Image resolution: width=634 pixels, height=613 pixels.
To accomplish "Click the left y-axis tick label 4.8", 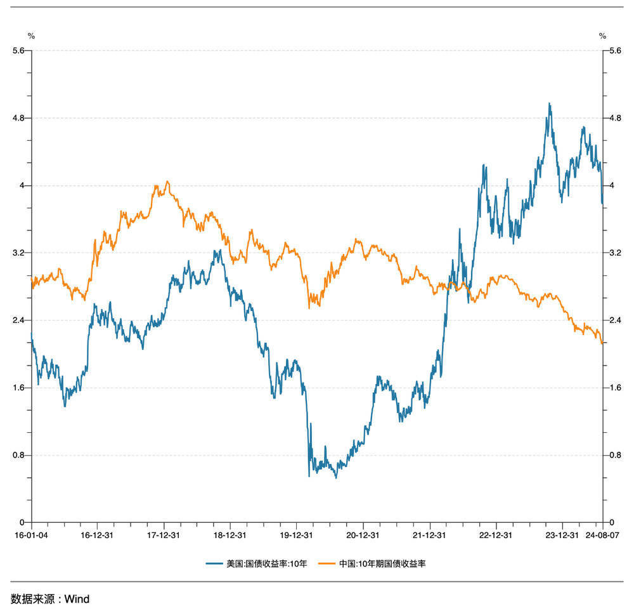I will click(18, 118).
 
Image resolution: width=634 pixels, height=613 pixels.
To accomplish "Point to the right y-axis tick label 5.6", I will click(614, 51).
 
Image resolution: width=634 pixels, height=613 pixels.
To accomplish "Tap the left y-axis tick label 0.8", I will click(18, 455).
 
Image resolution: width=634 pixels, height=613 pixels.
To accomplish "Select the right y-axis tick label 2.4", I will click(614, 320).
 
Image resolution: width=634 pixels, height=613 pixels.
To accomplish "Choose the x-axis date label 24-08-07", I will click(602, 535).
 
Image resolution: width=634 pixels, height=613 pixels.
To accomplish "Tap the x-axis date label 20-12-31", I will click(363, 535).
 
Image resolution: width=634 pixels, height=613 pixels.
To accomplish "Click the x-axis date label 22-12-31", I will click(496, 535).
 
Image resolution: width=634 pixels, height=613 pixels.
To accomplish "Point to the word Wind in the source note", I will click(77, 599).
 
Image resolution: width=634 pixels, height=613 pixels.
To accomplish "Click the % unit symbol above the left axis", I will click(31, 36).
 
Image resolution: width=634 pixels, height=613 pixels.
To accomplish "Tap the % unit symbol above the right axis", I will click(602, 36).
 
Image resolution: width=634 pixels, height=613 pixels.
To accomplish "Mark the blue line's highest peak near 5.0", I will click(549, 103).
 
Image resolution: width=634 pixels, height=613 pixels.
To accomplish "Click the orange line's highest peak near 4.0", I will click(167, 181).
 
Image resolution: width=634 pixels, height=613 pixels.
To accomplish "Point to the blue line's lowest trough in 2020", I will click(336, 477).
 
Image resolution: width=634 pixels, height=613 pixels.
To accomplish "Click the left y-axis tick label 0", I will click(23, 522).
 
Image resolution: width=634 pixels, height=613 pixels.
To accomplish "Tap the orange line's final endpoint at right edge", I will click(602, 343).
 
